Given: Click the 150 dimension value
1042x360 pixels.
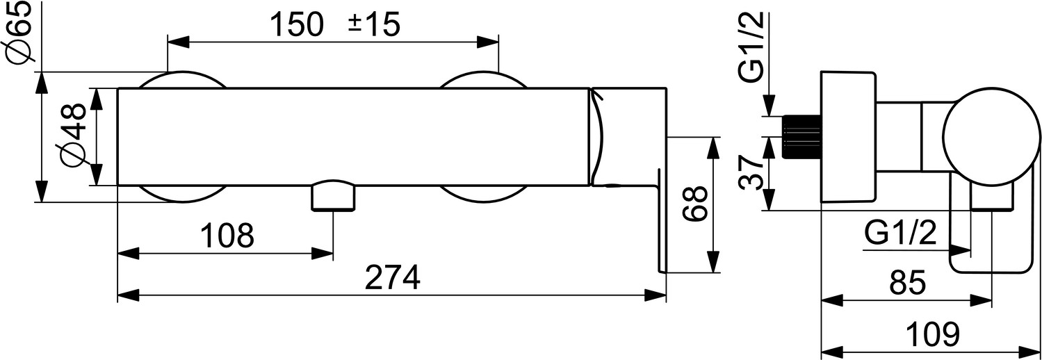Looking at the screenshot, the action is pos(296,24).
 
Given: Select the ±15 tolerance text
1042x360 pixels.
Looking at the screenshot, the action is pos(374,24).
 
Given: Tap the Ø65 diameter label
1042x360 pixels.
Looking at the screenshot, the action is pos(19,32).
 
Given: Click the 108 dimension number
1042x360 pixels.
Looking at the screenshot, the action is pos(227,236).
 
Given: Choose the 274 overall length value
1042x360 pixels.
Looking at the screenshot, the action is pos(392,277).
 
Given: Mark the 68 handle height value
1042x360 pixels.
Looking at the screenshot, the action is pos(695,204).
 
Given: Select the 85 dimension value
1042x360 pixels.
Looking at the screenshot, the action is pos(908,283).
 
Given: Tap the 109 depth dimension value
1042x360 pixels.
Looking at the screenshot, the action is pos(933,334).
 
